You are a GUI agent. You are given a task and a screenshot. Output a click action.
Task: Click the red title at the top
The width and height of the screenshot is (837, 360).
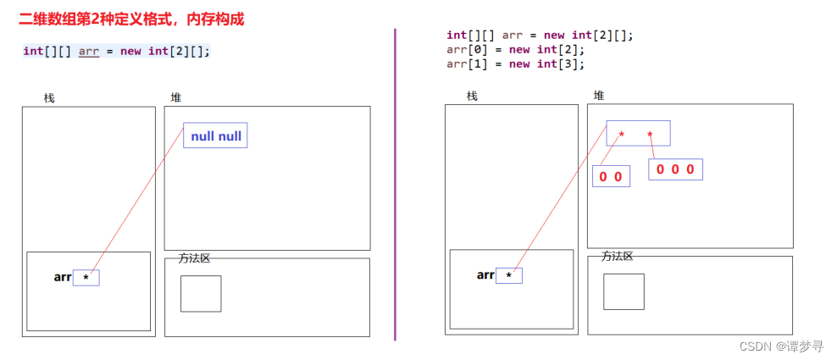[131, 19]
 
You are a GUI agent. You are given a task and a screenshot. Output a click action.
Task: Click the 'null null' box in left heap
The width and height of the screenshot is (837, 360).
[215, 136]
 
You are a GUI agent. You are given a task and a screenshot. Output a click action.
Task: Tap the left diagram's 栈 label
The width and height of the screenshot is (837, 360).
[49, 98]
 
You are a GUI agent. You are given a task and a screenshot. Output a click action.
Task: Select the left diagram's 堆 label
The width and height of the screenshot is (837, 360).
[175, 98]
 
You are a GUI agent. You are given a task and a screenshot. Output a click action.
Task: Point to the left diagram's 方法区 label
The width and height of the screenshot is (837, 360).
[194, 258]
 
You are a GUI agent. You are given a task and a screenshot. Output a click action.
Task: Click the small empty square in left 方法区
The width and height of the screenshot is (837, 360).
[201, 293]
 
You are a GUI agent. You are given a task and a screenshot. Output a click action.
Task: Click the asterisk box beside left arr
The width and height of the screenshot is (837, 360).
[86, 277]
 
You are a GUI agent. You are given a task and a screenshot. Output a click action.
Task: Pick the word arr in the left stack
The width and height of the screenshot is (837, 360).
[63, 276]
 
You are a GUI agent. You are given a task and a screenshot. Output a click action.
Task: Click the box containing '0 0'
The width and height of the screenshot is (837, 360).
[611, 176]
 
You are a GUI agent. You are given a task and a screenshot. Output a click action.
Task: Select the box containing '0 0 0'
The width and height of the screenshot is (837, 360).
[675, 169]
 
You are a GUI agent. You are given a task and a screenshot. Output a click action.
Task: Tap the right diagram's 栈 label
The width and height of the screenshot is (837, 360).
[472, 96]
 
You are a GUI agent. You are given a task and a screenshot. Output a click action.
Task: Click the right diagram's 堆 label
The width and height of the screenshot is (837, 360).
[599, 95]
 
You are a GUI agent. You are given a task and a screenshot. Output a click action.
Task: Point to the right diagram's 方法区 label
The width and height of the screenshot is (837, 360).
[618, 256]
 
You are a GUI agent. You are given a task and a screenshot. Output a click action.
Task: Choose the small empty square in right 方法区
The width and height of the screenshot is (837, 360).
[624, 291]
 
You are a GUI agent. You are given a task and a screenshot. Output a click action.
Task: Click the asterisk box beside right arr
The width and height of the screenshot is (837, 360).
[508, 275]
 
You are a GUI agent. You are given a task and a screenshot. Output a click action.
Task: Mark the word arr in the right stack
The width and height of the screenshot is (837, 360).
[485, 274]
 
